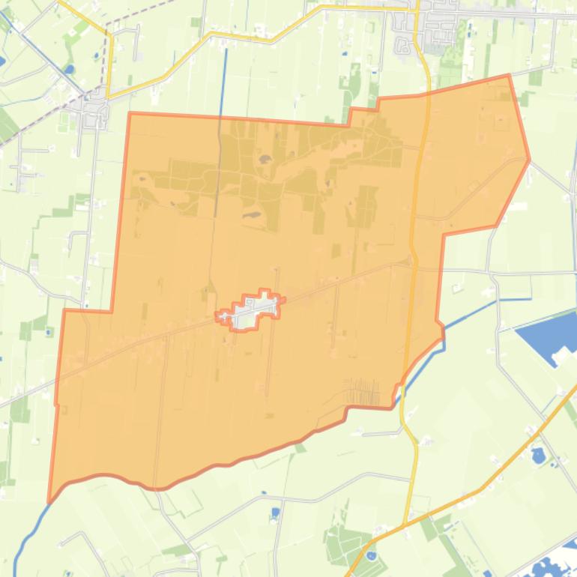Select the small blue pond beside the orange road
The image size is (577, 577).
[538, 455]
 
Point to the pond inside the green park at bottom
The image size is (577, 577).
[372, 556]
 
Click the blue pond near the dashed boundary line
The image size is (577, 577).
[70, 70]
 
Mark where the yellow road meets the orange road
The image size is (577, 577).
[405, 525]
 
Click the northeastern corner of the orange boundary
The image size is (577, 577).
[509, 76]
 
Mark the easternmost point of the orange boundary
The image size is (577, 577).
[529, 159]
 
